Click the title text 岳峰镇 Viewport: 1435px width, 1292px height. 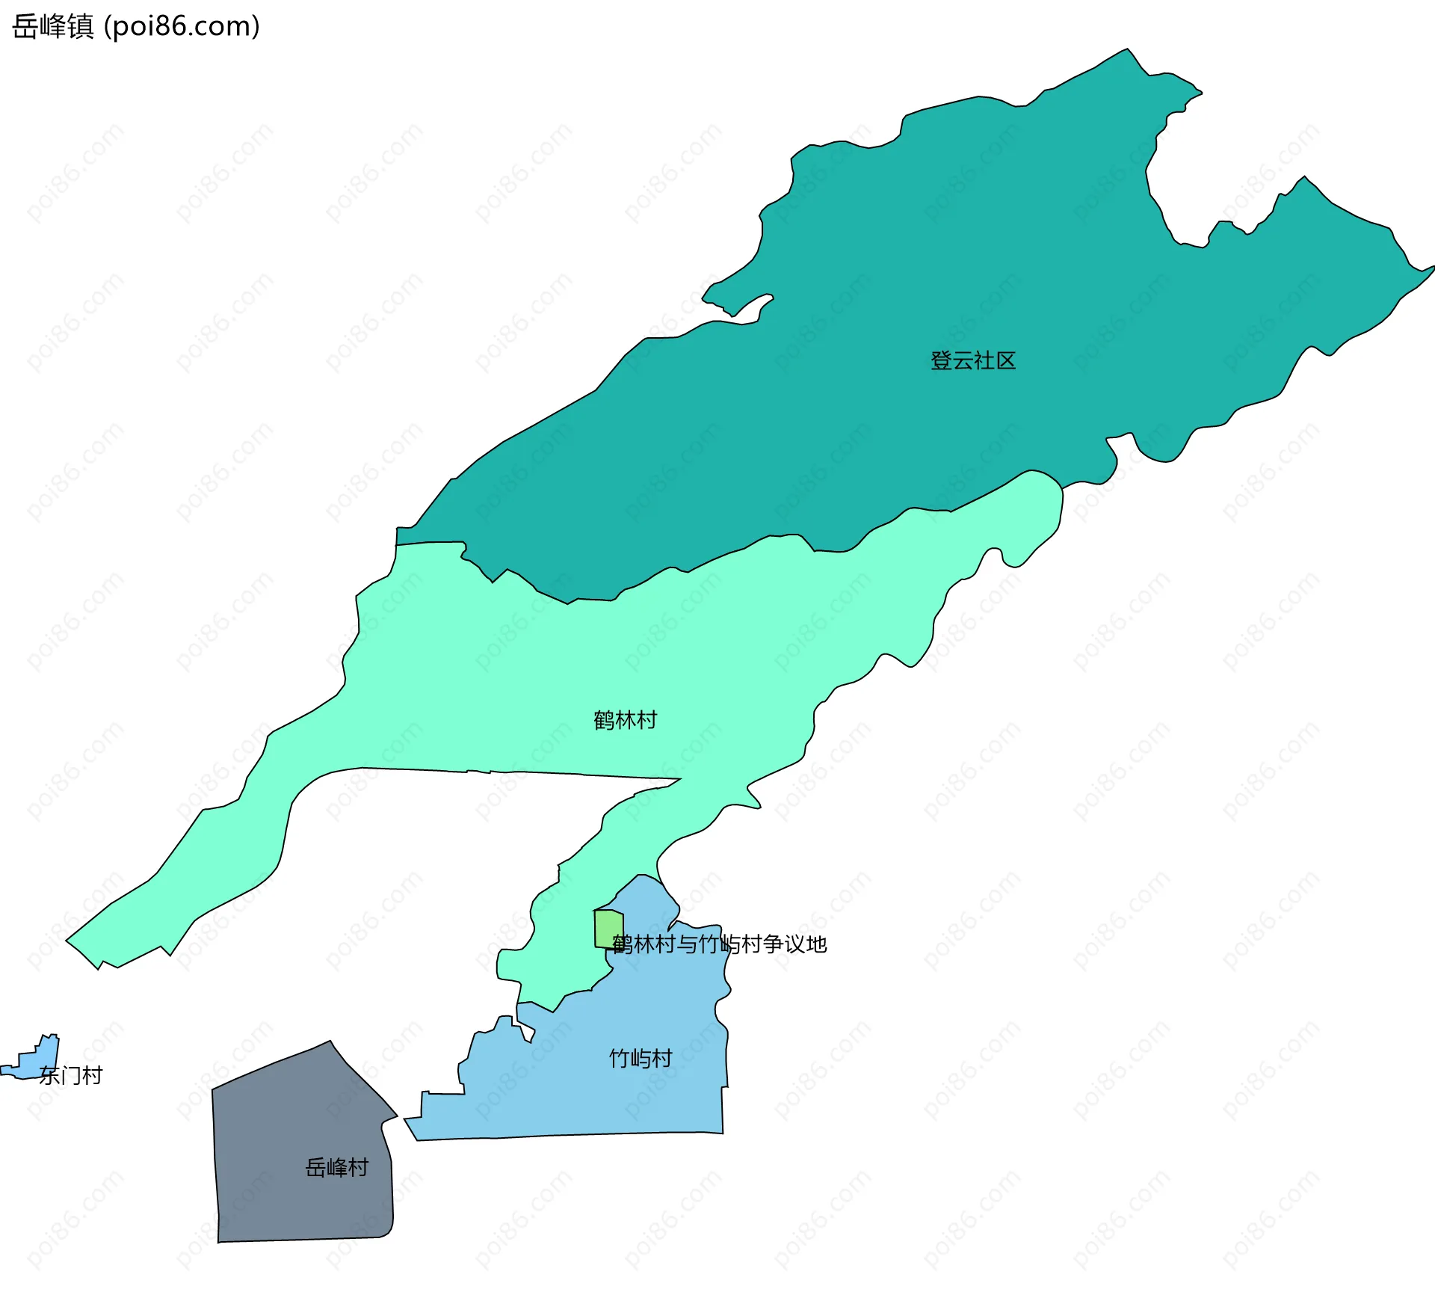[53, 27]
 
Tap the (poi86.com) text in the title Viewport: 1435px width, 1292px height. [182, 27]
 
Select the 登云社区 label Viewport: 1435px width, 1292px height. [973, 361]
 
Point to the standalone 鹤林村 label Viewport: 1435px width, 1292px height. [626, 721]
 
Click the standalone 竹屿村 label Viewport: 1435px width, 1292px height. [641, 1059]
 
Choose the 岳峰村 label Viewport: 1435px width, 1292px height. [337, 1168]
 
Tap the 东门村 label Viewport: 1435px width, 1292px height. [71, 1076]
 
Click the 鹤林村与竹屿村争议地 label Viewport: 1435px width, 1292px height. [719, 945]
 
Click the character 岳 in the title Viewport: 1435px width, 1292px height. [25, 27]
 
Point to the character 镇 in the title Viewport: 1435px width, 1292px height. [81, 27]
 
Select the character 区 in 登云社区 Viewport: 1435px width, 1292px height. [1006, 361]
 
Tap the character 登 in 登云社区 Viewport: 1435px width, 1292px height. [941, 361]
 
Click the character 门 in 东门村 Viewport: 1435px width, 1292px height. [71, 1076]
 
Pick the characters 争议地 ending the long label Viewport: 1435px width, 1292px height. [795, 945]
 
